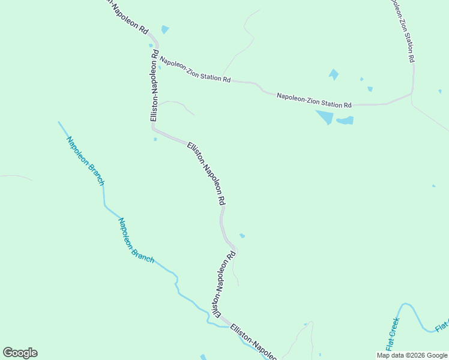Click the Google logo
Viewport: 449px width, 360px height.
point(20,353)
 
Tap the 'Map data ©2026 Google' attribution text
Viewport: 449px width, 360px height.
point(412,355)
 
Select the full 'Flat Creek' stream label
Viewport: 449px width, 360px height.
point(392,334)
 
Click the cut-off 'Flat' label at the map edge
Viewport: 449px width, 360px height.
point(442,326)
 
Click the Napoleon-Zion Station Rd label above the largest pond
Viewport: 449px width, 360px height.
point(314,100)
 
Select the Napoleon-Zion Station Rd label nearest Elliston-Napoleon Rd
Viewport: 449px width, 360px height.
point(194,70)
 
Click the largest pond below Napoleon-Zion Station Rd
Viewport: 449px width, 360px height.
point(325,116)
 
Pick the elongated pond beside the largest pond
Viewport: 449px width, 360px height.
point(345,121)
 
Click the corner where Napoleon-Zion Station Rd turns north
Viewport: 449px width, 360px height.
point(412,93)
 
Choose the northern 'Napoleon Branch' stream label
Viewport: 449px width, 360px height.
point(86,161)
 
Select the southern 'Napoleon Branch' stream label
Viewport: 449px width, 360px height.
point(135,241)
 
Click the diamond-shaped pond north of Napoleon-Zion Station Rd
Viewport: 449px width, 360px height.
point(333,74)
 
